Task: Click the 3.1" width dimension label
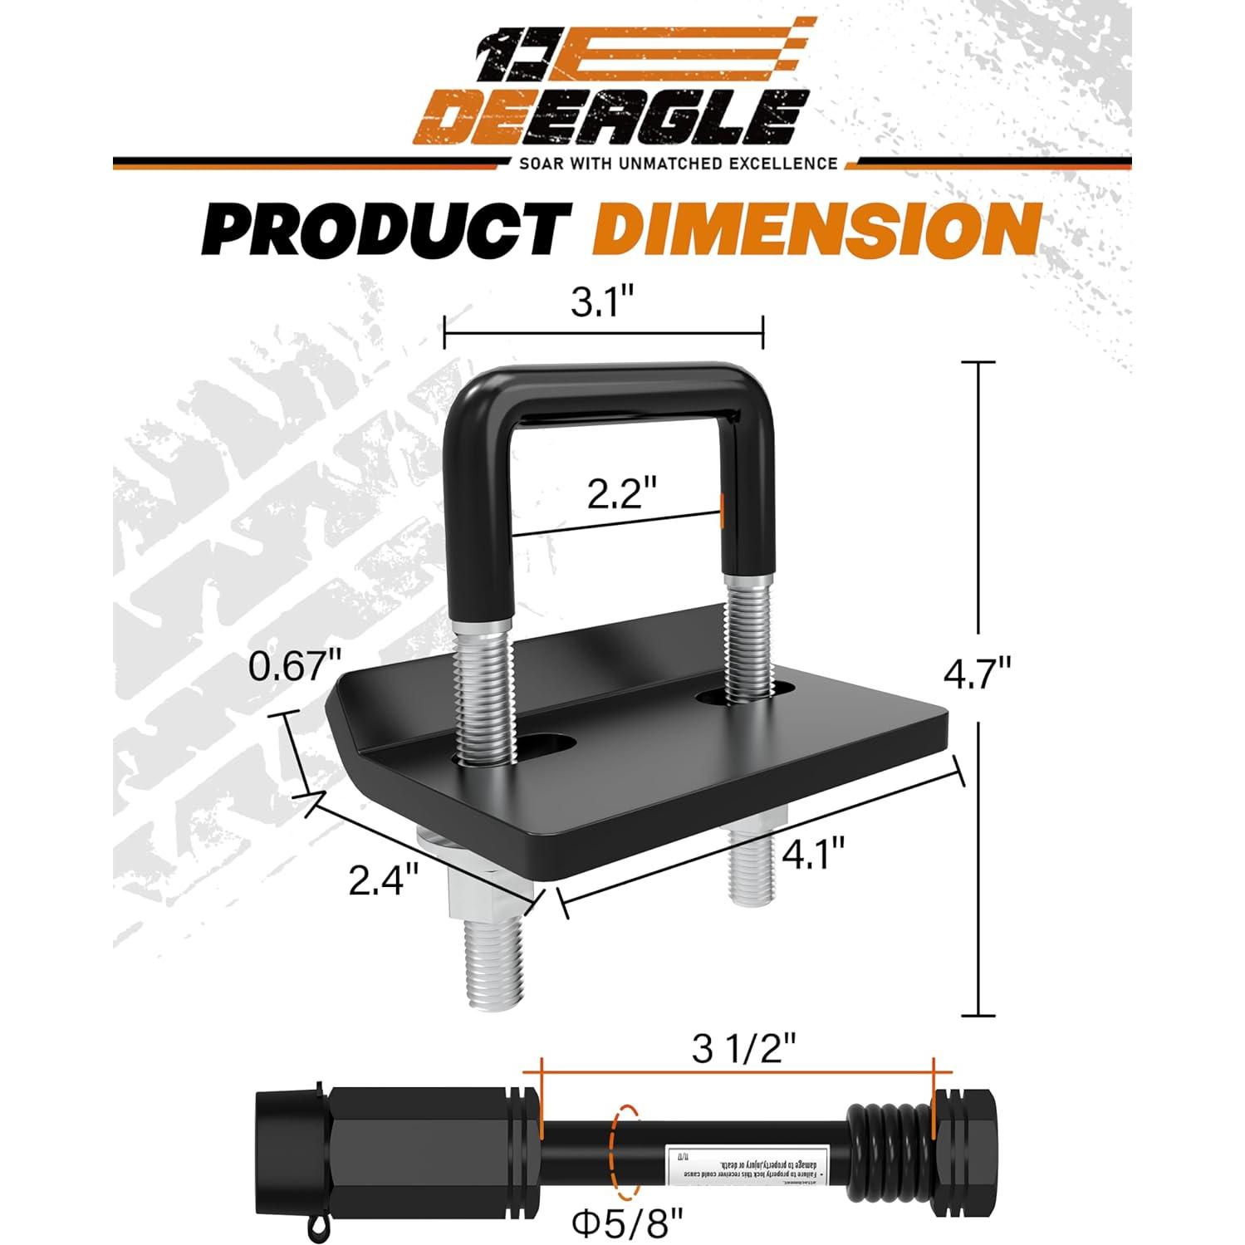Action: (604, 304)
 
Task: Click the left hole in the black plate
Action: (548, 742)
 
